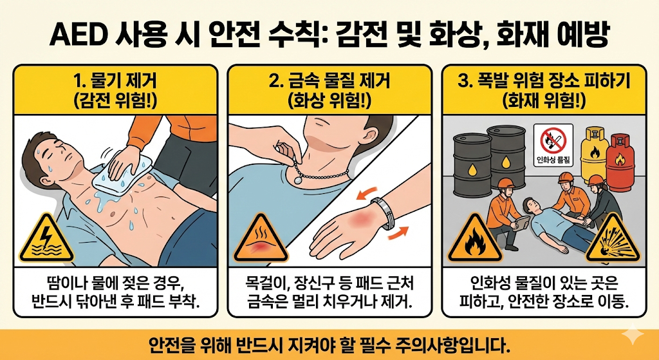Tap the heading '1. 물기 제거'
[x=116, y=83]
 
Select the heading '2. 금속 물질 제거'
[x=329, y=83]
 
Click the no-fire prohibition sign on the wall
[x=552, y=138]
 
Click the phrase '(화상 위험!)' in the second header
[x=329, y=101]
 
